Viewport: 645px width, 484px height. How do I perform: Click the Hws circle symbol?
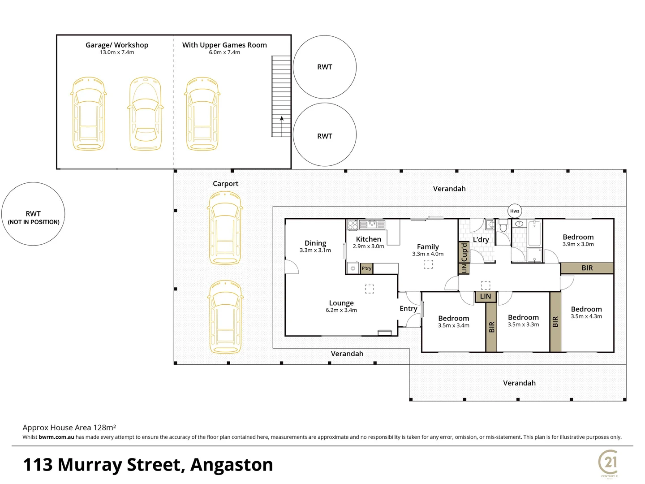pos(515,211)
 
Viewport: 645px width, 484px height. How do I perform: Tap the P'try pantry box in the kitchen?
pos(366,268)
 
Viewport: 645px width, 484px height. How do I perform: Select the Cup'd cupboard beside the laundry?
pos(464,252)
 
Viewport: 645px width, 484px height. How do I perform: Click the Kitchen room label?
pos(369,239)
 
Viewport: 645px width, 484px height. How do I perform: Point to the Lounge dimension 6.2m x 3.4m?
pos(341,310)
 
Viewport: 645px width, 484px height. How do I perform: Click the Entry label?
pos(408,309)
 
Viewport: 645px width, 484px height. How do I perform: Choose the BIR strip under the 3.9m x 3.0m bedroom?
pos(587,268)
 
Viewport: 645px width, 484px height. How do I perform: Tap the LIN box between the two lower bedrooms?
pos(486,297)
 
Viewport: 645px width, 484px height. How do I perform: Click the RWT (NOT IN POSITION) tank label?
pos(33,218)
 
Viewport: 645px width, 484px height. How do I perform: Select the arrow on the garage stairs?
pos(281,126)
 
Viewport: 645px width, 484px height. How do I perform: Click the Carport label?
pos(225,184)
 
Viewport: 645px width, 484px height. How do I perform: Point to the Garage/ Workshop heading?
pos(117,45)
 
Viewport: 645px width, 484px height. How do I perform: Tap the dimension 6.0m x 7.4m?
pos(224,52)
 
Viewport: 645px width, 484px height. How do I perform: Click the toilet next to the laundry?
pos(503,225)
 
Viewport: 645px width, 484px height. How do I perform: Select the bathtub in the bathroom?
pos(534,233)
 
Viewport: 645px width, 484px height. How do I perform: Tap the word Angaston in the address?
pos(232,465)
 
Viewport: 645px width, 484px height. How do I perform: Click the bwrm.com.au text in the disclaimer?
pos(56,437)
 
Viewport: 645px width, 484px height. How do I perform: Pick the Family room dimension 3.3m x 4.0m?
pos(428,254)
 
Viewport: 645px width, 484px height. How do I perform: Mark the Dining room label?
pos(315,243)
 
